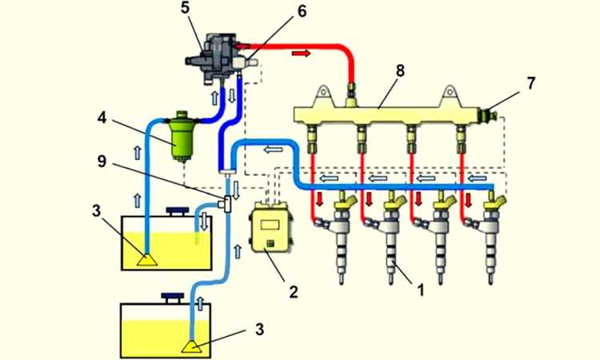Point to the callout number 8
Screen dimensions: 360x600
pyautogui.click(x=400, y=70)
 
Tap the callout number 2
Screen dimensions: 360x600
pyautogui.click(x=293, y=292)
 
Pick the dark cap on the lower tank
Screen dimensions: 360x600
pyautogui.click(x=172, y=298)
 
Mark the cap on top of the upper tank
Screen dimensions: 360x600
pyautogui.click(x=174, y=212)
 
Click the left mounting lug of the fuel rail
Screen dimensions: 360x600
pyautogui.click(x=324, y=94)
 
